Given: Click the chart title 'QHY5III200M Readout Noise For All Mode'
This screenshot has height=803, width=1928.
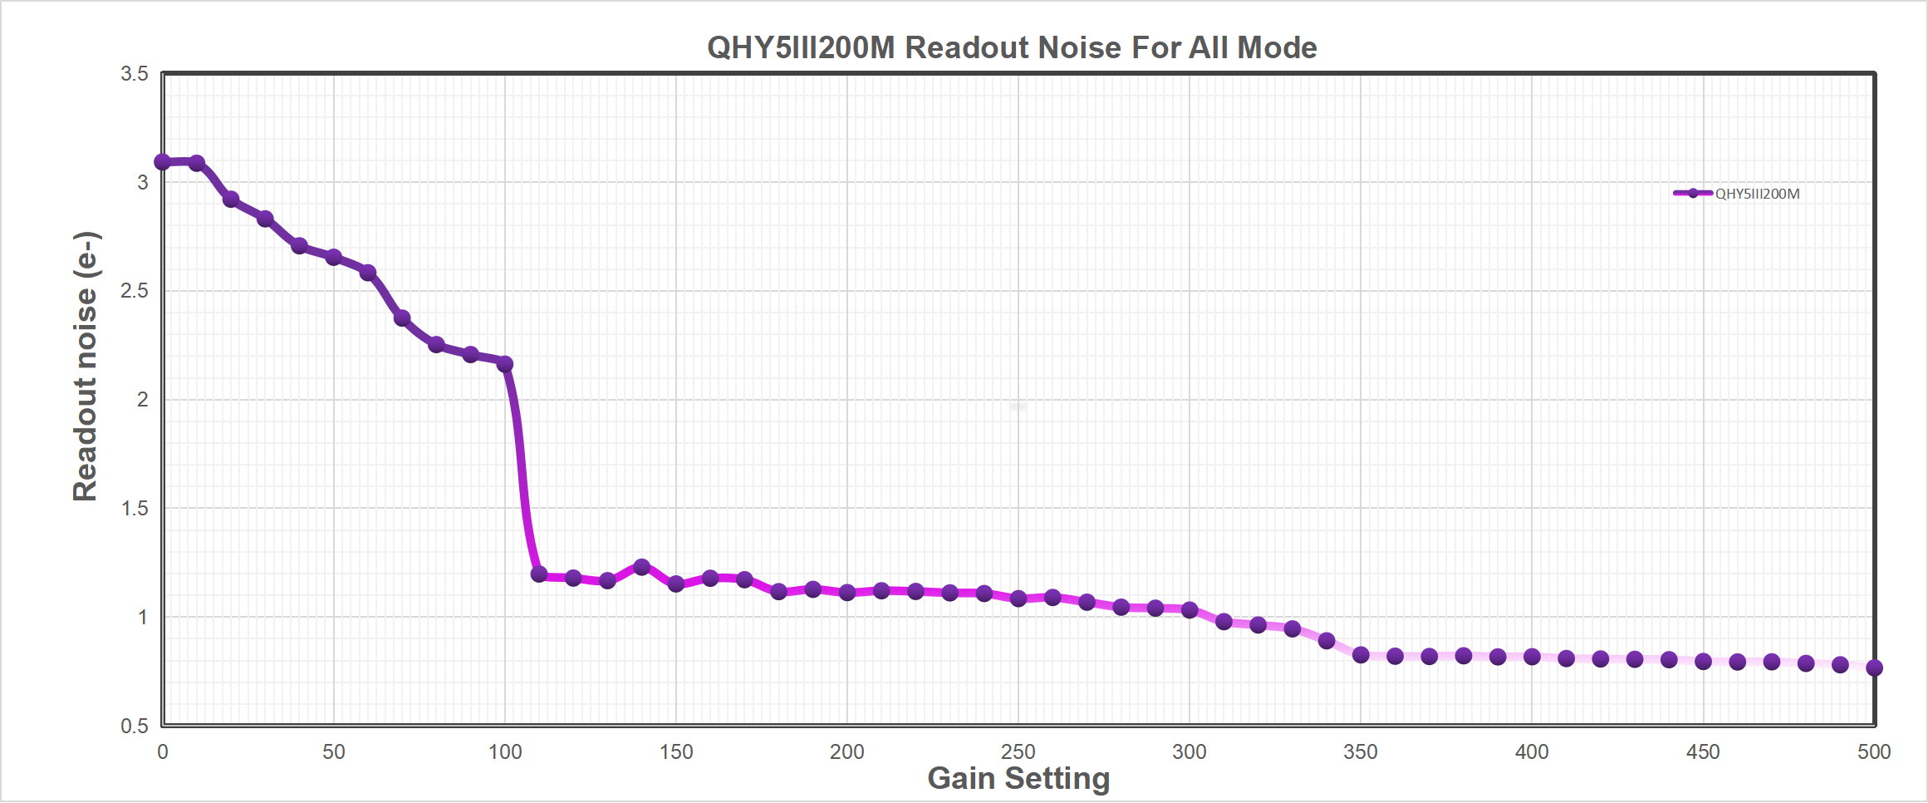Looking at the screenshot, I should pyautogui.click(x=1011, y=47).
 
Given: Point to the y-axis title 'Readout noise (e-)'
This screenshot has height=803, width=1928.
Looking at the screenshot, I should pyautogui.click(x=86, y=366).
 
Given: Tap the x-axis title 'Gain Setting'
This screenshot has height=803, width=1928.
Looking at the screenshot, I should pyautogui.click(x=1018, y=779).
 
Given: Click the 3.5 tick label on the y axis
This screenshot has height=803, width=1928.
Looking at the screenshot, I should pyautogui.click(x=135, y=74).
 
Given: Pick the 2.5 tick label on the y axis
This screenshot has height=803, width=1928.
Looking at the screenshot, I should pyautogui.click(x=135, y=291).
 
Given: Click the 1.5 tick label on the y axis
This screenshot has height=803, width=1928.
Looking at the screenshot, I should pyautogui.click(x=135, y=508).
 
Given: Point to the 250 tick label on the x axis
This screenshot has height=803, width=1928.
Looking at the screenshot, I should pyautogui.click(x=1018, y=752).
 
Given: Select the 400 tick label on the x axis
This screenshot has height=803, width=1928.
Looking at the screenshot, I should pyautogui.click(x=1532, y=752).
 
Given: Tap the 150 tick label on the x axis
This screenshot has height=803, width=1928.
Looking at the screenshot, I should pyautogui.click(x=675, y=752).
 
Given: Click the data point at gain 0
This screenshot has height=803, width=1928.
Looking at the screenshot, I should pyautogui.click(x=163, y=162).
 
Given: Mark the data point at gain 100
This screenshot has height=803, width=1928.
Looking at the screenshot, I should pyautogui.click(x=505, y=364).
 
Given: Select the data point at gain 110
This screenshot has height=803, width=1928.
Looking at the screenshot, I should pyautogui.click(x=539, y=574).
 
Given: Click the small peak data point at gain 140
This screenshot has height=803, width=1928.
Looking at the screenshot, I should pyautogui.click(x=641, y=567).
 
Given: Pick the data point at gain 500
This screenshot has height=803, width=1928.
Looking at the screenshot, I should pyautogui.click(x=1874, y=668).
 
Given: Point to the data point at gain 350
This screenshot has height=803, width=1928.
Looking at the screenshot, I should pyautogui.click(x=1361, y=655).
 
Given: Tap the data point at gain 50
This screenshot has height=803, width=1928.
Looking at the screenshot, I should pyautogui.click(x=334, y=258).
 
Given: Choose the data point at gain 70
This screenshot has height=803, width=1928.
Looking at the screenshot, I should pyautogui.click(x=402, y=318).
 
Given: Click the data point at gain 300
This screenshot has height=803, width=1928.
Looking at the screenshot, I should pyautogui.click(x=1190, y=610).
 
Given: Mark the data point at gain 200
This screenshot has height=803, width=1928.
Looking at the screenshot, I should pyautogui.click(x=847, y=593).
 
